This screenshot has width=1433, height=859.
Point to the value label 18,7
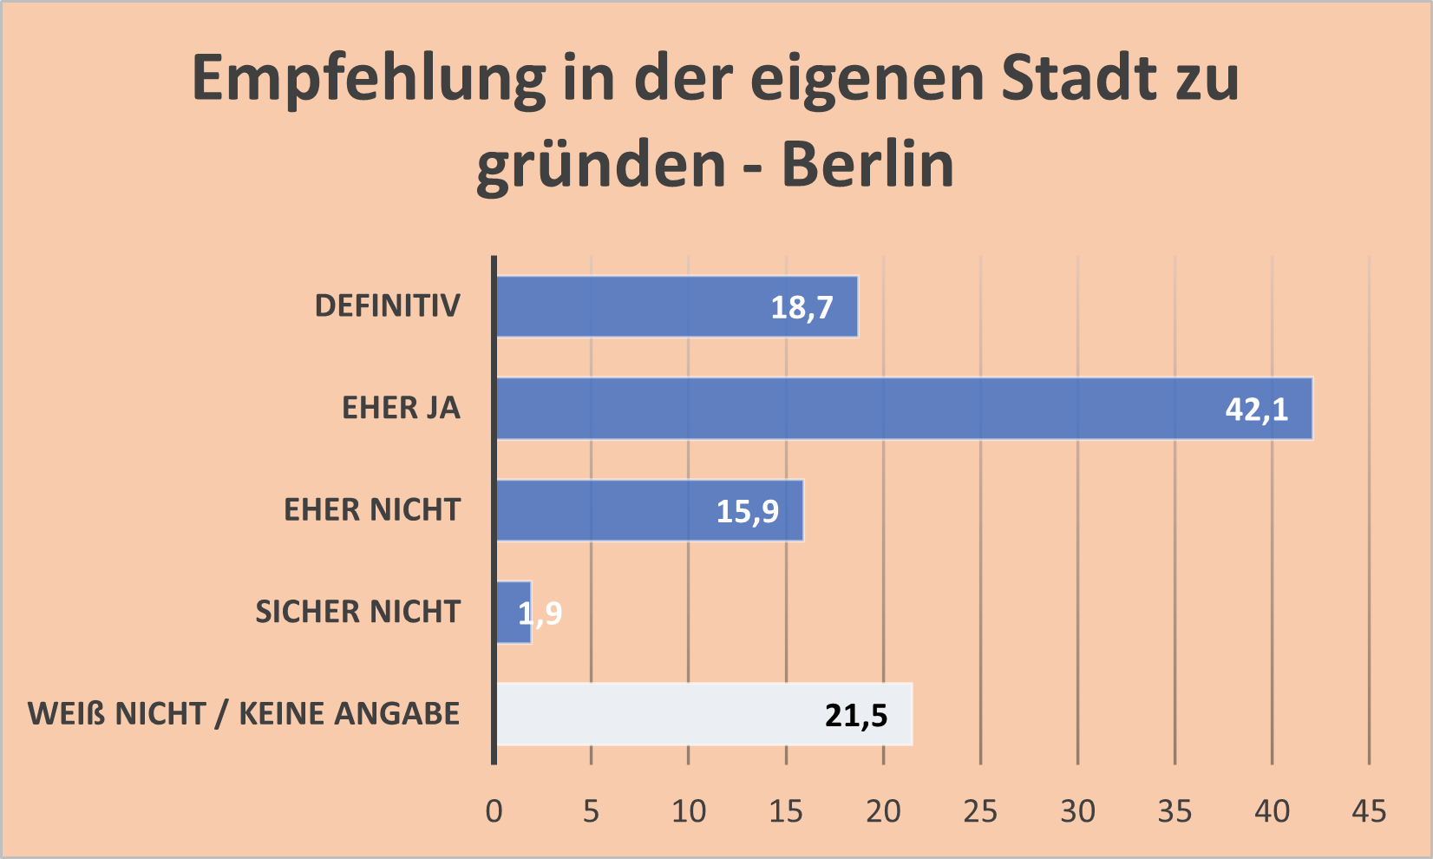click(802, 307)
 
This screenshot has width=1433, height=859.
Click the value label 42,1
click(1256, 409)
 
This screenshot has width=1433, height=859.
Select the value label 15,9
click(747, 511)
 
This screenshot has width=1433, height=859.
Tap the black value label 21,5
click(856, 715)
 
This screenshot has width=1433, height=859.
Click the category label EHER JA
click(401, 408)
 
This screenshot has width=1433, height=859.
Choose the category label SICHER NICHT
click(357, 612)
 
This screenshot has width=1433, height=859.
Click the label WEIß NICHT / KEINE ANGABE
click(244, 713)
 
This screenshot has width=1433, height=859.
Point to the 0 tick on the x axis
click(494, 811)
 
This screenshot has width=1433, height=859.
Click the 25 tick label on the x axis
click(980, 811)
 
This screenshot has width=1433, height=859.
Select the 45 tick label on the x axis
click(1369, 811)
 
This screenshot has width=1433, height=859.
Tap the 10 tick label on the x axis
click(689, 811)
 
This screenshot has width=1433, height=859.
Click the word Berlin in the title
click(867, 164)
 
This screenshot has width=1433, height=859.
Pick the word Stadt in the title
click(1078, 78)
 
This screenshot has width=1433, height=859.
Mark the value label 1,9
click(541, 613)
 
